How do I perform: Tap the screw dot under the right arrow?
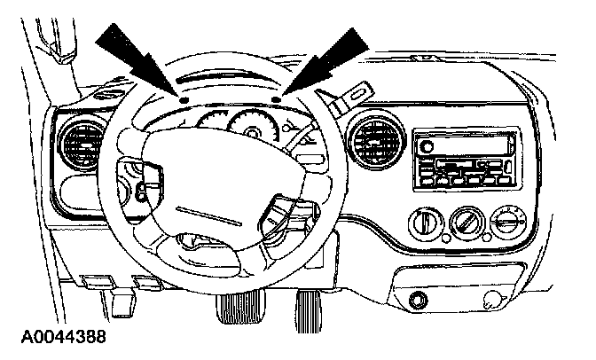pos(278,100)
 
